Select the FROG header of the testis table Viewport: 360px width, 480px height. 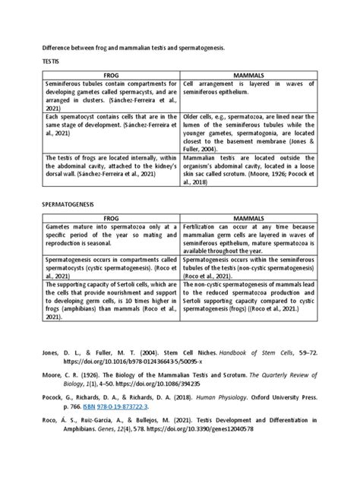click(107, 74)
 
